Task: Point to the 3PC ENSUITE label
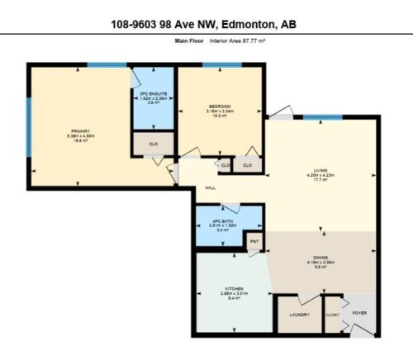pos(153,94)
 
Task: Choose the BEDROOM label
pos(219,106)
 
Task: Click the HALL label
pos(211,188)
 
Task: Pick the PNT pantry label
pos(255,242)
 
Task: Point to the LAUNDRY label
pos(298,315)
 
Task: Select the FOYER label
pos(359,314)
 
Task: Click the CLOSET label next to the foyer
pos(333,315)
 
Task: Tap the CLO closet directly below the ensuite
pos(154,144)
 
